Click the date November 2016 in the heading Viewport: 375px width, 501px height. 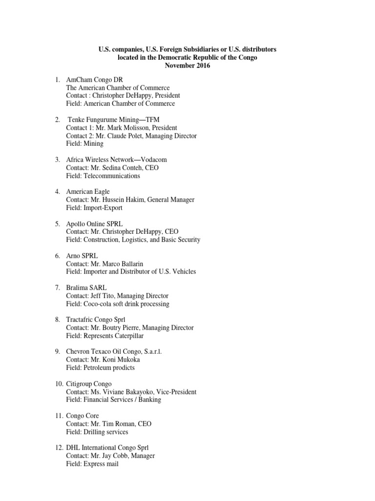tap(187, 66)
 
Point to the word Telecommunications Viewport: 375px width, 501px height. tap(112, 176)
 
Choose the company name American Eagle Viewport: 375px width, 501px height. tap(88, 192)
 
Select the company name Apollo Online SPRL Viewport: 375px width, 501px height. tap(95, 224)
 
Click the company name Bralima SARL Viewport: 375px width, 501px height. tap(86, 288)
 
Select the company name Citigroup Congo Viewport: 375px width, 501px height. tap(89, 384)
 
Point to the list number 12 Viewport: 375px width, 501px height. tap(58, 448)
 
